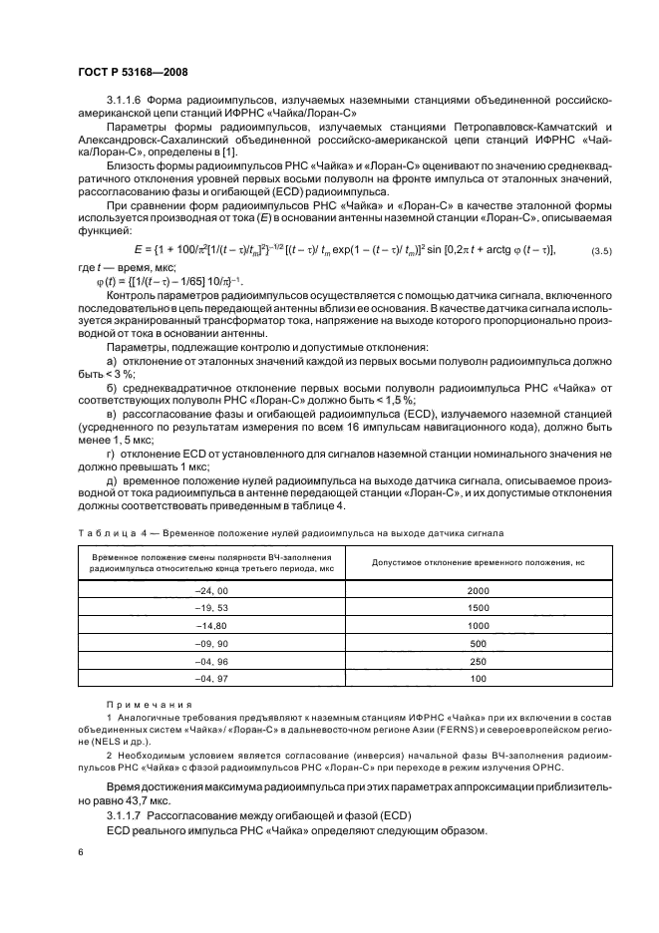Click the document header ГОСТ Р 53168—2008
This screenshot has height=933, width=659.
pyautogui.click(x=133, y=72)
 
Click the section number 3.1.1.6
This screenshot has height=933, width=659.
pyautogui.click(x=126, y=101)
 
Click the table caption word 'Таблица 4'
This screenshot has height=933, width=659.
pyautogui.click(x=111, y=534)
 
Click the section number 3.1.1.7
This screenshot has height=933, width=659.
pyautogui.click(x=126, y=814)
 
